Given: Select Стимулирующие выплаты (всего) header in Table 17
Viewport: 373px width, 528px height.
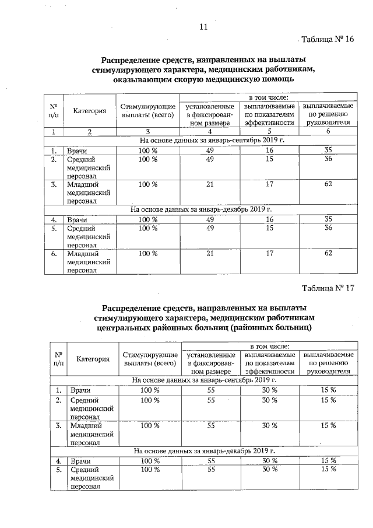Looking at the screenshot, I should (x=150, y=359).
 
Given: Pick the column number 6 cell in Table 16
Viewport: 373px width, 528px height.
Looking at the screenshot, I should (x=328, y=132).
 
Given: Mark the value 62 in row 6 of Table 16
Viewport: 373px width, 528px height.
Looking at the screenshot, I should (x=328, y=254).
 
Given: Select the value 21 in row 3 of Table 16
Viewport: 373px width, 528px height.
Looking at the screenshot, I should (x=210, y=184).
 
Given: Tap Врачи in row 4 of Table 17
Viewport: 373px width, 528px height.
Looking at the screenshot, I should (x=79, y=460).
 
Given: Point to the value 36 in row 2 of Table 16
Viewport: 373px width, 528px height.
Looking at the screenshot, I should (x=328, y=159).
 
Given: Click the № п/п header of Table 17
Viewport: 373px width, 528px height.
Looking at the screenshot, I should (x=58, y=358).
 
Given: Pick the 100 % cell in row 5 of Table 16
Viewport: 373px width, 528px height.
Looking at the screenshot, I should (x=148, y=228).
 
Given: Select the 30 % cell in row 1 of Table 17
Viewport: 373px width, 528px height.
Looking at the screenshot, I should (x=269, y=390).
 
